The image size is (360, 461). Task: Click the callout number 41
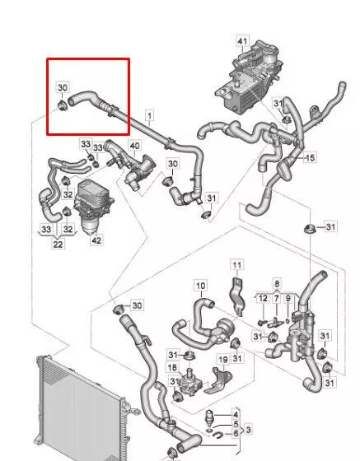(x=242, y=41)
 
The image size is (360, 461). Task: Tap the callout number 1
(x=150, y=115)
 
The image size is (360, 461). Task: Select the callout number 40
(x=135, y=146)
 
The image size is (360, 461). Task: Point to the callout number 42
(x=96, y=240)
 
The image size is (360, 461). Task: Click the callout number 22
(x=58, y=244)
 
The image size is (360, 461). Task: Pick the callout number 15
(x=310, y=157)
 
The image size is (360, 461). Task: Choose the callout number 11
(x=236, y=265)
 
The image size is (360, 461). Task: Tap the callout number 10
(x=201, y=286)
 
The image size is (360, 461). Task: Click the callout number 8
(x=277, y=284)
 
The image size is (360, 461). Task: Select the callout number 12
(x=263, y=298)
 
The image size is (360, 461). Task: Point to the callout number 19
(x=223, y=360)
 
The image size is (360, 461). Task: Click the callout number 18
(x=172, y=367)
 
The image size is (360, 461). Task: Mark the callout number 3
(x=249, y=430)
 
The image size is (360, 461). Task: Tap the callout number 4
(x=236, y=415)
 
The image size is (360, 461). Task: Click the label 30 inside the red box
(x=63, y=87)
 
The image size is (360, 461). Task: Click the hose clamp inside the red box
(x=62, y=105)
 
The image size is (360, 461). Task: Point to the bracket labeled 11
(x=237, y=296)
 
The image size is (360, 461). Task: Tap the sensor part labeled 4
(x=208, y=418)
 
